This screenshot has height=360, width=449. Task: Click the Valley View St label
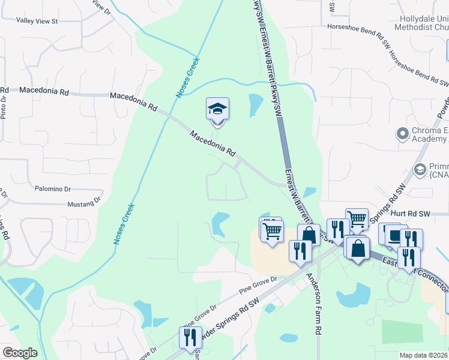click(37, 21)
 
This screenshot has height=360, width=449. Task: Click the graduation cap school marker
click(217, 109)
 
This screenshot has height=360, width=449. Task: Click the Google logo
click(20, 353)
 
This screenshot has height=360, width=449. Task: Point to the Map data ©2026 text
click(423, 355)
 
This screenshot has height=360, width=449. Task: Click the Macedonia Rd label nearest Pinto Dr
click(44, 91)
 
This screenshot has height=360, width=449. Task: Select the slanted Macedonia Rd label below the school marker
click(212, 144)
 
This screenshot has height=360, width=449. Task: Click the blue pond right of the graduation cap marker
click(255, 104)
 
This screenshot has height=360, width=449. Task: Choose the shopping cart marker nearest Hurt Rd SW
click(357, 220)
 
